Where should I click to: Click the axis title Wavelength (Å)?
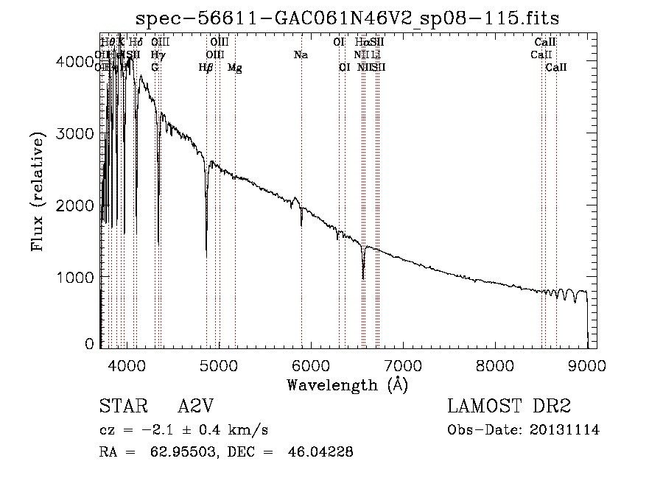(x=347, y=384)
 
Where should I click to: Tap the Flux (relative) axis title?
(x=38, y=191)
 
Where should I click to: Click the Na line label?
(x=301, y=55)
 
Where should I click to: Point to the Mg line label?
(x=235, y=68)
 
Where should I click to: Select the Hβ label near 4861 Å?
(x=206, y=68)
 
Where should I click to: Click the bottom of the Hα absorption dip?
(x=363, y=278)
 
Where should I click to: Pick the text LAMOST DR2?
(x=509, y=406)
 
